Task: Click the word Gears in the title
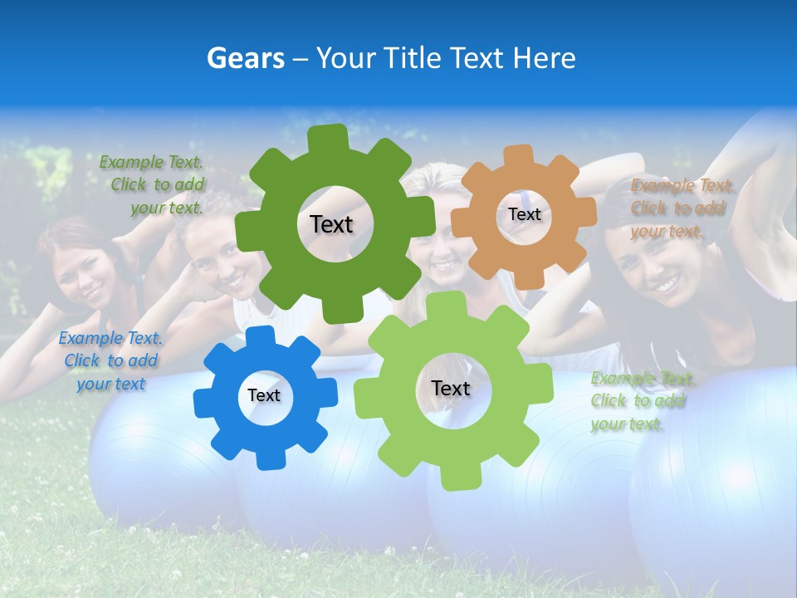pos(245,58)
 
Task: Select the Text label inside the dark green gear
pos(331,224)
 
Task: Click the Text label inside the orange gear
pos(524,214)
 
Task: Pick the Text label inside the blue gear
pos(264,395)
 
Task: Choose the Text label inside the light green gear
pos(451,388)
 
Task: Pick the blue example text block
pos(110,360)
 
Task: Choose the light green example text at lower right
pos(639,401)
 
